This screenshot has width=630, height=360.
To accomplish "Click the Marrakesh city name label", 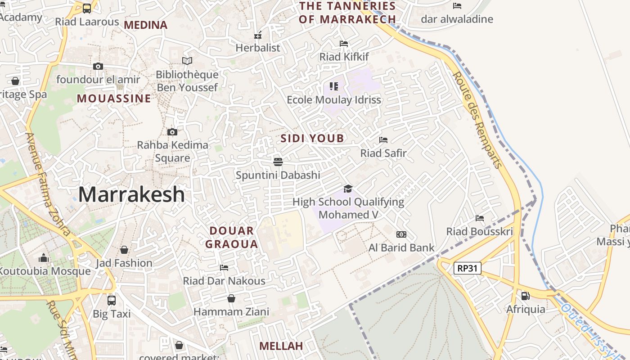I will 131,194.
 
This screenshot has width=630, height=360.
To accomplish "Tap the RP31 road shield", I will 467,269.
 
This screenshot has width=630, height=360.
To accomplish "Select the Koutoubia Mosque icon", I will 44,258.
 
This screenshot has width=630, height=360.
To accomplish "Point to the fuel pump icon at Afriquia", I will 525,296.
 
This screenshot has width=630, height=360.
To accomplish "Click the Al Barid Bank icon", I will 401,234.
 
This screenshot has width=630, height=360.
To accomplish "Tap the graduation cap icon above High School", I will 348,189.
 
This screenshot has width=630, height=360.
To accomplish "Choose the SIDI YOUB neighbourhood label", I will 312,138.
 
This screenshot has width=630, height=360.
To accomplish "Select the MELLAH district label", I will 281,346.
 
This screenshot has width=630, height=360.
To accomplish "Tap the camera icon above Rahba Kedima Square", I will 172,132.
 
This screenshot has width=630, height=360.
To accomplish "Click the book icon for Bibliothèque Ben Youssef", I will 187,61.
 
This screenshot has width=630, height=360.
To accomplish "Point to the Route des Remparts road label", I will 477,120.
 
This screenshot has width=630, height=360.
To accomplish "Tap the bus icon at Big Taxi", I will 111,300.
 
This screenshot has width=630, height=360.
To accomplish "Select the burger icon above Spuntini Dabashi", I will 278,162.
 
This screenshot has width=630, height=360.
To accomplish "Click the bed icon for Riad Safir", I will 383,140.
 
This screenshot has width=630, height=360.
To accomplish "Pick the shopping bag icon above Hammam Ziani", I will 231,298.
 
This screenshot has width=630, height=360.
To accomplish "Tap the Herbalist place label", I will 258,48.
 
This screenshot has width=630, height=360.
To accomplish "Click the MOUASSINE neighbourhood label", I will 114,99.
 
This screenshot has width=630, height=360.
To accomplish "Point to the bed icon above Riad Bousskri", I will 480,218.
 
